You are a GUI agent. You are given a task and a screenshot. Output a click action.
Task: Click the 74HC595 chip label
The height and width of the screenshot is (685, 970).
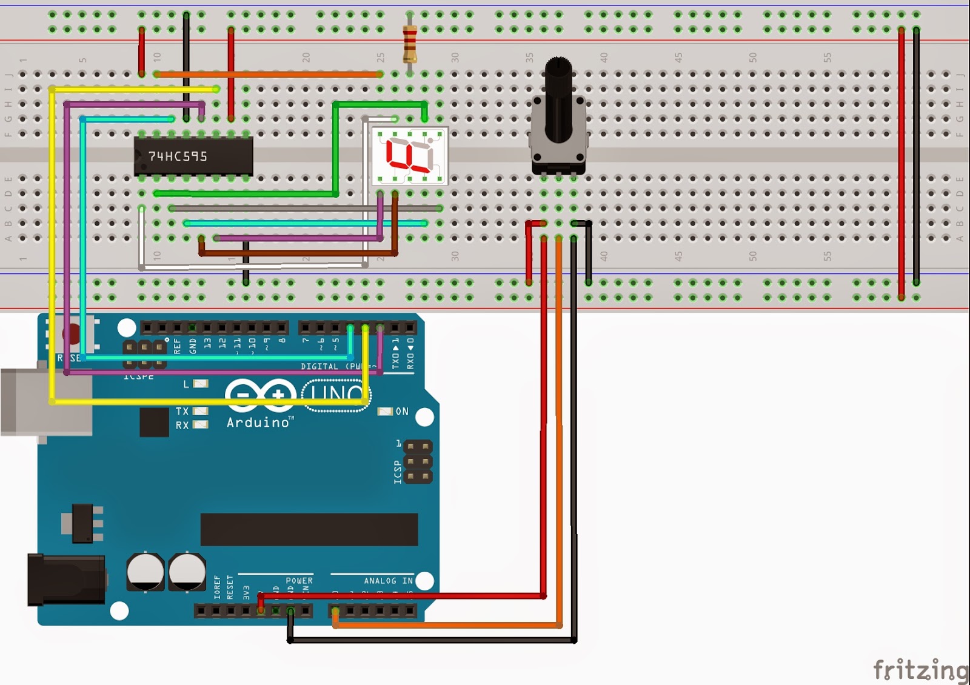point(178,156)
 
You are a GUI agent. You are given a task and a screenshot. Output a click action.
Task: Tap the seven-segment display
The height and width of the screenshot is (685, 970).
point(410,156)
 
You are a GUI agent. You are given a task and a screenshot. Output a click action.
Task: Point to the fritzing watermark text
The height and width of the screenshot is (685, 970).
point(920,669)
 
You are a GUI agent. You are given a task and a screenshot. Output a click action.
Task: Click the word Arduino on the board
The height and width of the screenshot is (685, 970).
point(258,422)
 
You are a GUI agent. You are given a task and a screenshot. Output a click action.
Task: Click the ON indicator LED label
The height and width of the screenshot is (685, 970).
point(402,412)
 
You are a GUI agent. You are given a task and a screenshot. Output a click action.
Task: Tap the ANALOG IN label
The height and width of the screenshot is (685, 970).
point(388,581)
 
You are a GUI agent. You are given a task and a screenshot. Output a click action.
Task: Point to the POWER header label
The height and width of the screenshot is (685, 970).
point(299,581)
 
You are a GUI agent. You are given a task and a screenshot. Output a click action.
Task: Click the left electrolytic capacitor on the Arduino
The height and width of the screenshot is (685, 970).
point(145,572)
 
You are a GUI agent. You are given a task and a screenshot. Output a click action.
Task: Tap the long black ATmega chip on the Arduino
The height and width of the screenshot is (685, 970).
point(309,529)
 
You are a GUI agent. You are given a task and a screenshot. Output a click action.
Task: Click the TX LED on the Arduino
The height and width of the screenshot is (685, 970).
point(200,411)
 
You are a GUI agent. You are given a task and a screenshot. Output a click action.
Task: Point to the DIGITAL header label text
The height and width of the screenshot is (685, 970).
point(319,367)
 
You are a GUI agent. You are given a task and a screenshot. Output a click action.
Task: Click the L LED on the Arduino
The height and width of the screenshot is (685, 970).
point(200,384)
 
